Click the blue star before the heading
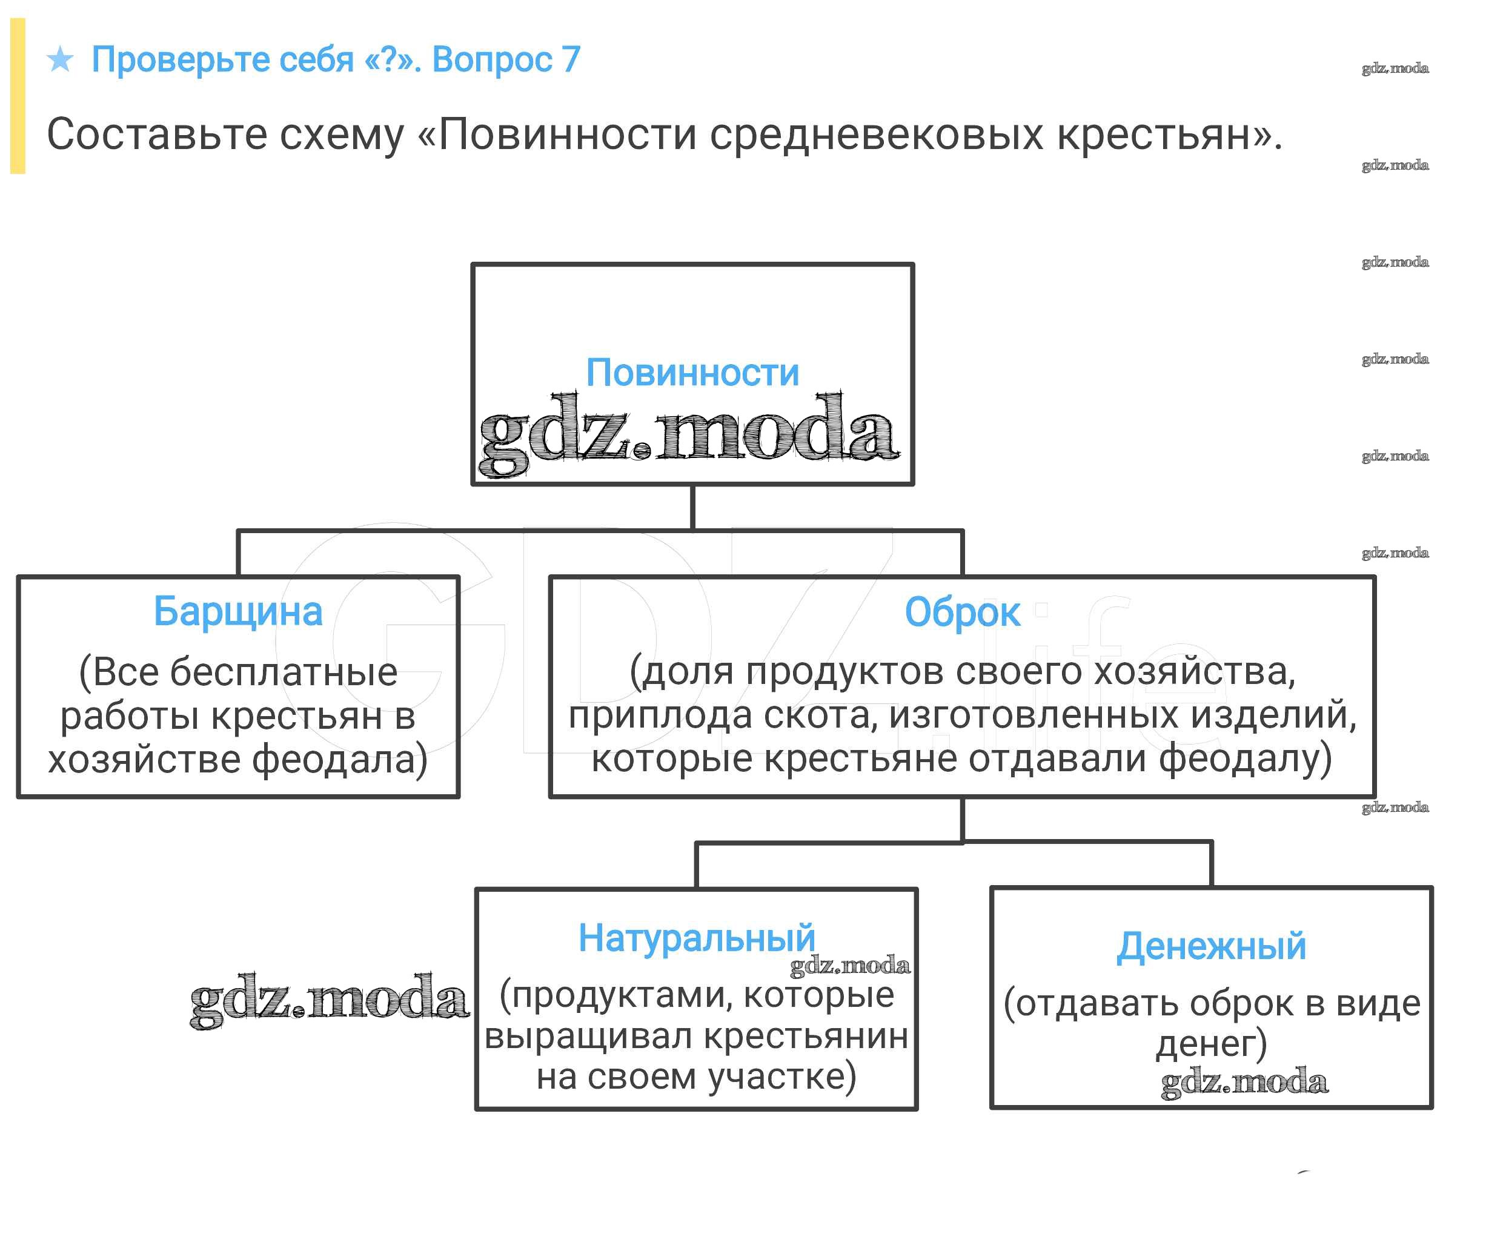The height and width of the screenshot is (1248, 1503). point(60,59)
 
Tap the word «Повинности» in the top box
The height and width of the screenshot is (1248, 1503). point(692,373)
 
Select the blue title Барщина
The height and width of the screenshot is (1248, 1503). point(237,612)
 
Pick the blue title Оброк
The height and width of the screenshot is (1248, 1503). point(962,612)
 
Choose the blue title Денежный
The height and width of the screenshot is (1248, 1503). point(1211,946)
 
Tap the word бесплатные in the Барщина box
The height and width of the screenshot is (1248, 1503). point(284,672)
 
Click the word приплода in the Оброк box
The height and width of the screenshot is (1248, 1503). point(660,714)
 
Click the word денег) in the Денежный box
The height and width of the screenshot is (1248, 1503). point(1211,1043)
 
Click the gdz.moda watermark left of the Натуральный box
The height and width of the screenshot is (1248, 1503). point(329,1000)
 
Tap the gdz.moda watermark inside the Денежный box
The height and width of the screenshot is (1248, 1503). point(1244,1081)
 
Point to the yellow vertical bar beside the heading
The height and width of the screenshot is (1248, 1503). point(18,96)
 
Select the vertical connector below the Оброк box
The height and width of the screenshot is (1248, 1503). point(962,820)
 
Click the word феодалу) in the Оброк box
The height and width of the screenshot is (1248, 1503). point(1245,758)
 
